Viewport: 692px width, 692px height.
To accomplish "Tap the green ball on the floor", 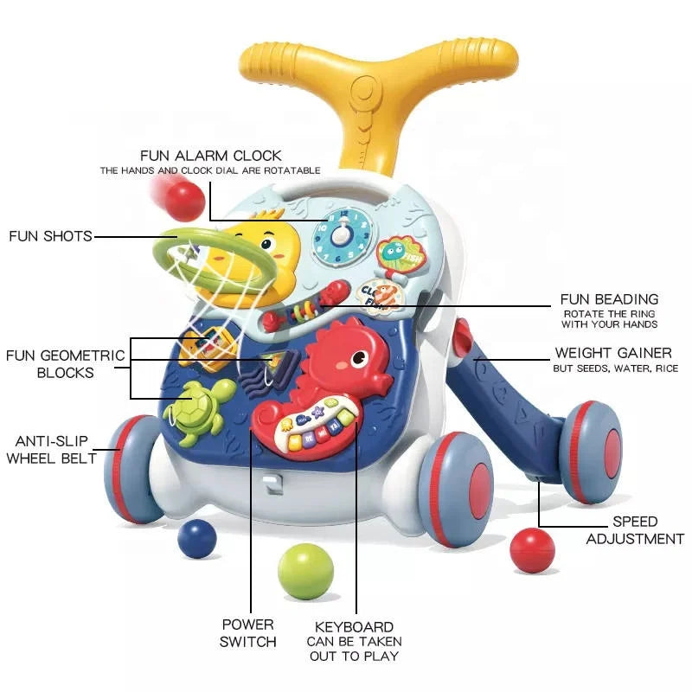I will coord(305,571).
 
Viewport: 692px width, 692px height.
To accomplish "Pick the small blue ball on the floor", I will coord(197,538).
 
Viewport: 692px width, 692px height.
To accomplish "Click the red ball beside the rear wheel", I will coord(532,550).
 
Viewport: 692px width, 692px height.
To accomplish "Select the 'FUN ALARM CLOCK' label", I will coord(211,156).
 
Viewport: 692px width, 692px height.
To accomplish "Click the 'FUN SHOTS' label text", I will coord(50,236).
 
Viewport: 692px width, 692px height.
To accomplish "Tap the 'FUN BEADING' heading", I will coord(609,299).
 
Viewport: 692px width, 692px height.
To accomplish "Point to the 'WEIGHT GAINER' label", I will coord(612,354).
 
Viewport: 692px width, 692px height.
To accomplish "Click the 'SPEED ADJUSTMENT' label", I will coord(635,530).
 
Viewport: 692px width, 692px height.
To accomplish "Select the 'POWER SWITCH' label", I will coord(247,632).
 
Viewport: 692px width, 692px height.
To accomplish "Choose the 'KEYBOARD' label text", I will coord(354,626).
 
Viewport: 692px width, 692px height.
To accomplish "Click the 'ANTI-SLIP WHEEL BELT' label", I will coord(51,450).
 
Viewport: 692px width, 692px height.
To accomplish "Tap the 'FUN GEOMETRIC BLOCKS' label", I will coord(65,363).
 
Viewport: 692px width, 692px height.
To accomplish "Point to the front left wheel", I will coord(136,468).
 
